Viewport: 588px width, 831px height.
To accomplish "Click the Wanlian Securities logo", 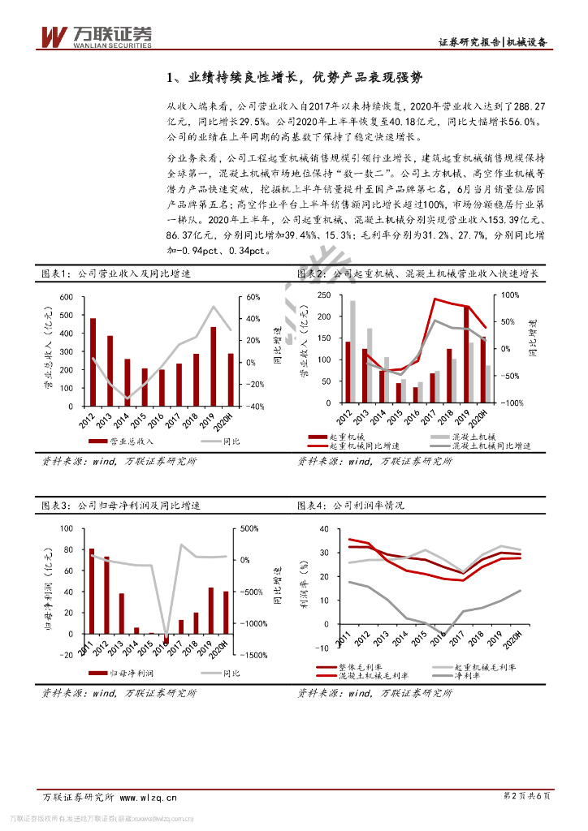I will click(x=96, y=36).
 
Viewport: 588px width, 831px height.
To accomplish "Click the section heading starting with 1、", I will click(x=295, y=78).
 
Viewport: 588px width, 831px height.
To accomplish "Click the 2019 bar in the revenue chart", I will click(x=214, y=366).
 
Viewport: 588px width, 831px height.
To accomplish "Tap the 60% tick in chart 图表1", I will click(x=253, y=297).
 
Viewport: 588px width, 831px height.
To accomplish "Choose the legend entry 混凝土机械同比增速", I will click(x=491, y=446).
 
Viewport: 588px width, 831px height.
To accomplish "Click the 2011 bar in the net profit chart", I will click(x=91, y=591).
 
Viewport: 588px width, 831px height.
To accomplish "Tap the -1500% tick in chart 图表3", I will click(x=253, y=655).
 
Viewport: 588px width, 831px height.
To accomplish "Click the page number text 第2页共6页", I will click(x=527, y=797).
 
